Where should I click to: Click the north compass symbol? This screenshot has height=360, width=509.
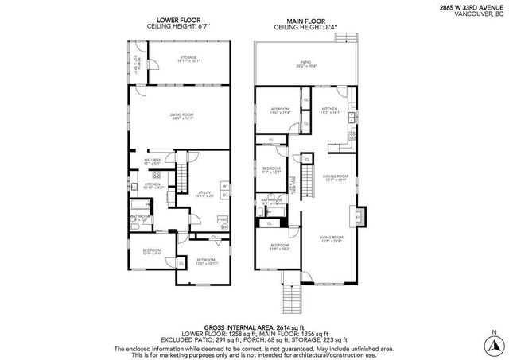(495, 343)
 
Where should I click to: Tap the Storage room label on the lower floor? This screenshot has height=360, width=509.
(188, 58)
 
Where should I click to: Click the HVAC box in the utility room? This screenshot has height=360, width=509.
(223, 219)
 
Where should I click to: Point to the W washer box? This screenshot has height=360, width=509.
(224, 186)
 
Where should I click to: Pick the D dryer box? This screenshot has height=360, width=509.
(224, 195)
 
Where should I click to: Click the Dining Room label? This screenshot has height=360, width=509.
(335, 177)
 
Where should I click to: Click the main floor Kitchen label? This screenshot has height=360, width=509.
(329, 111)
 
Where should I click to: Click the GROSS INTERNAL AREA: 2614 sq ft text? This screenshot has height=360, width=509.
(254, 326)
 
